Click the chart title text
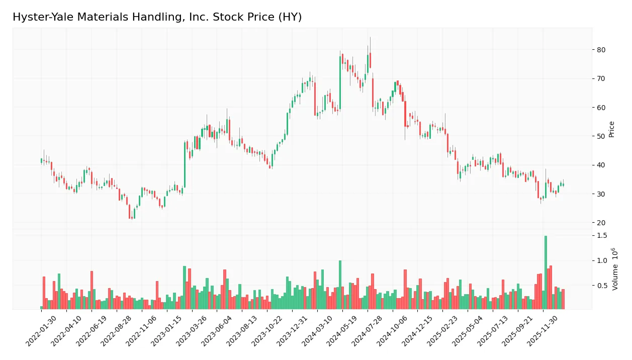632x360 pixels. [157, 17]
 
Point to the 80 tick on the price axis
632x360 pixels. [601, 50]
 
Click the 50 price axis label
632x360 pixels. [601, 136]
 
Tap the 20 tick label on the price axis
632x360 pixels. [601, 223]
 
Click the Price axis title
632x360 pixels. [612, 129]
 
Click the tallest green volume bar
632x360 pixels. [546, 272]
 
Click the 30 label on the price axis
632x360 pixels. [601, 194]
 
